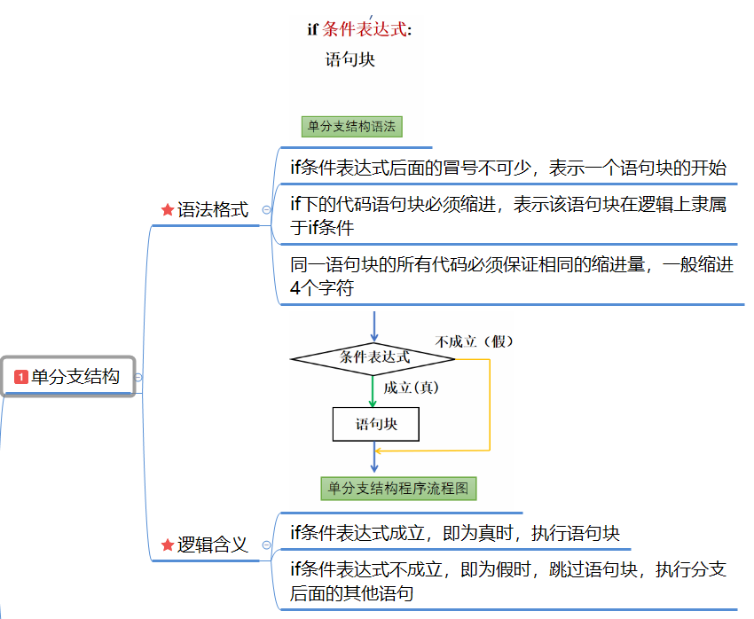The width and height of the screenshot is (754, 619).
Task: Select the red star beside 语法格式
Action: [167, 210]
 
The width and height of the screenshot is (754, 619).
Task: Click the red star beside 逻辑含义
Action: [167, 545]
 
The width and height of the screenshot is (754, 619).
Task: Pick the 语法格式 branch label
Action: [213, 210]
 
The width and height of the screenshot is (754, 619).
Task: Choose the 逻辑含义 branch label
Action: [213, 545]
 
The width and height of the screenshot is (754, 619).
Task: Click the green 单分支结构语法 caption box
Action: [351, 126]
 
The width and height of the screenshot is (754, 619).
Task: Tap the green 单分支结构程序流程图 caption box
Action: [399, 488]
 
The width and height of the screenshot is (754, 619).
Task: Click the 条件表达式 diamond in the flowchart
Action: [373, 358]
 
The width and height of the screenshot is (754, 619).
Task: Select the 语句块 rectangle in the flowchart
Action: [375, 424]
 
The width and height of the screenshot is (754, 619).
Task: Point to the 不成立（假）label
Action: [475, 341]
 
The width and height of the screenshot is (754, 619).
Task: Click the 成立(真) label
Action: [412, 388]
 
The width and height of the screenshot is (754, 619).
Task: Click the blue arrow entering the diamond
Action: [373, 326]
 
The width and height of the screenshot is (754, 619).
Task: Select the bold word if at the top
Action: [312, 29]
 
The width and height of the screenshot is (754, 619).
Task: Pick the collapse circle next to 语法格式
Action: [266, 210]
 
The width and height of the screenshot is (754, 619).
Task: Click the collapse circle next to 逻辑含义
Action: [266, 545]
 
